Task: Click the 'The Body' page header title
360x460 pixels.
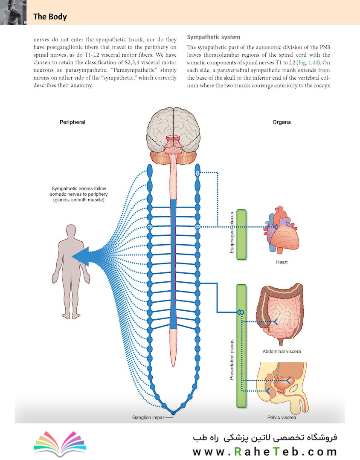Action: click(x=50, y=17)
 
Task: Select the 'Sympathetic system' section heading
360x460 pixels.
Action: click(x=213, y=37)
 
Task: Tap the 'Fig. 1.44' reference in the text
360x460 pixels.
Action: click(x=308, y=63)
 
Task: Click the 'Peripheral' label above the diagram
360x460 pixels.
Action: click(x=73, y=122)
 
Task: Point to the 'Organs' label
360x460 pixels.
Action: click(x=282, y=122)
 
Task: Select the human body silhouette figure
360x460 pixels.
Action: click(x=71, y=272)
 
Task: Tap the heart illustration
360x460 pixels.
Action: click(x=282, y=230)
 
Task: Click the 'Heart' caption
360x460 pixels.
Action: click(x=282, y=262)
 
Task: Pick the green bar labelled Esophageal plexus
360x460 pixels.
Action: click(x=241, y=234)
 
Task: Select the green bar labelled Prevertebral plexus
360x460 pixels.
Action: click(x=241, y=346)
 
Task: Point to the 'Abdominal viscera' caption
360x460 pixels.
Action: click(x=282, y=351)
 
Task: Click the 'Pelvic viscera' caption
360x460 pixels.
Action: click(x=282, y=417)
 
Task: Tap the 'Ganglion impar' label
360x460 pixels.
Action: click(x=148, y=417)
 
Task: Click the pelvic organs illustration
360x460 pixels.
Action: click(x=282, y=387)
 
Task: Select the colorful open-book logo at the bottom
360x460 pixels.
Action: click(x=60, y=443)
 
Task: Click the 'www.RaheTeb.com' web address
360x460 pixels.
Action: click(x=264, y=451)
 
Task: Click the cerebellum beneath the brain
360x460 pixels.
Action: click(x=173, y=158)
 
